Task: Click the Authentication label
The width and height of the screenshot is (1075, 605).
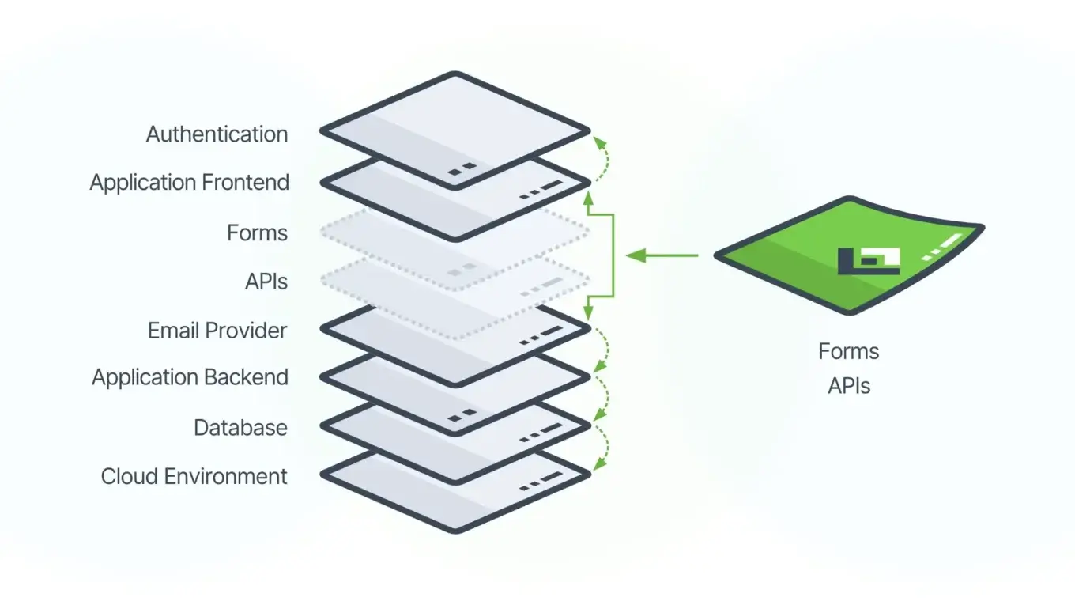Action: [x=217, y=134]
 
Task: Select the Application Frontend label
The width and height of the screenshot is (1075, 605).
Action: [x=190, y=183]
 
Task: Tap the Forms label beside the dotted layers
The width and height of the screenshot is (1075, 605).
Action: [x=257, y=233]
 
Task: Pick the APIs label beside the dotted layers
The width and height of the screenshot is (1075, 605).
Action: [x=266, y=282]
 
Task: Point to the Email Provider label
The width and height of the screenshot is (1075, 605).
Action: [x=217, y=331]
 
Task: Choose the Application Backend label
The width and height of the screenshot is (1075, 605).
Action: [x=190, y=377]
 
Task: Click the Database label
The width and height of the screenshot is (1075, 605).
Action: [x=240, y=428]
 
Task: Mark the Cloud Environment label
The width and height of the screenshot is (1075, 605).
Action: [x=194, y=477]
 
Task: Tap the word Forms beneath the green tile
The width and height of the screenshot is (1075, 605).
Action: [x=849, y=351]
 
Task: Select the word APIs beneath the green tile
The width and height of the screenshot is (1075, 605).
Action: [x=849, y=386]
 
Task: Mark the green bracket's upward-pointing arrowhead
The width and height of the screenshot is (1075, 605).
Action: [x=587, y=202]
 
